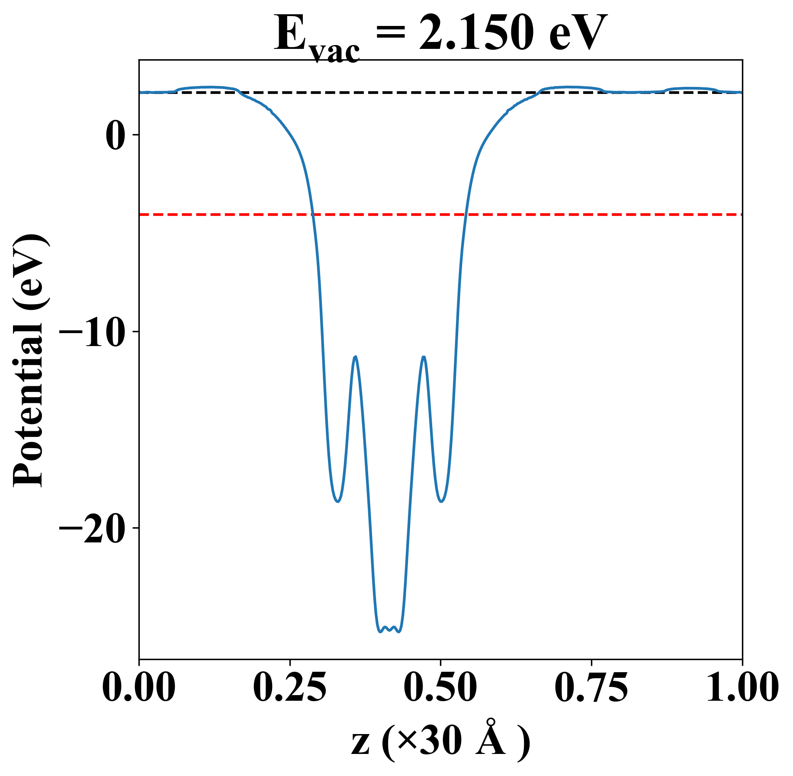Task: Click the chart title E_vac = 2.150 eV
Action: [x=440, y=35]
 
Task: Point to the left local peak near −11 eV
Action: [x=356, y=357]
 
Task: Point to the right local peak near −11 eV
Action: [x=424, y=357]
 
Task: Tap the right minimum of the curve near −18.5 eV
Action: [x=441, y=501]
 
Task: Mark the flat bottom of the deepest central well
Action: [x=389, y=628]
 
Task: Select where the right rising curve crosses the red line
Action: [x=465, y=214]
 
